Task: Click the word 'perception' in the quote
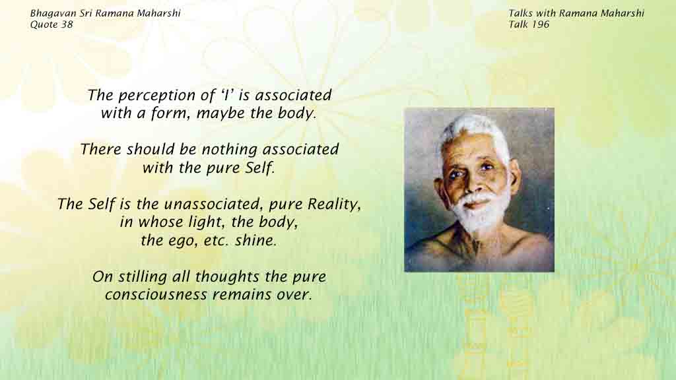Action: [x=158, y=96]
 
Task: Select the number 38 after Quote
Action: [x=67, y=24]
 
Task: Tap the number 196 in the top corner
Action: [x=541, y=24]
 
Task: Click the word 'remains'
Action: [x=248, y=295]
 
